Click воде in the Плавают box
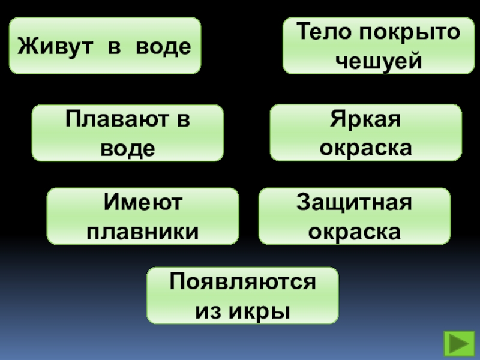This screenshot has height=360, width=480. (128, 148)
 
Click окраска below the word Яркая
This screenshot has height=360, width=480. (366, 148)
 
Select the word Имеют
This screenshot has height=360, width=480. (143, 203)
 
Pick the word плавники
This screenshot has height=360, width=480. (143, 231)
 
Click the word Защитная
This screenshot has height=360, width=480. (354, 203)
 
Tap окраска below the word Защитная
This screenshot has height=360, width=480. (354, 231)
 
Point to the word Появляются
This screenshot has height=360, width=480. (242, 282)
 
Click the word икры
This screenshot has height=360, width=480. (262, 311)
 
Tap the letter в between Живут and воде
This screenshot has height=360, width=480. (114, 46)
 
